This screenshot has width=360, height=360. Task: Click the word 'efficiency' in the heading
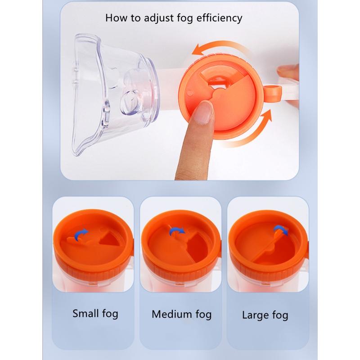(x=219, y=18)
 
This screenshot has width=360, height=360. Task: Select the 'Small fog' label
(x=95, y=314)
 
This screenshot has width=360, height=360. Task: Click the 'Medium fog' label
(x=181, y=314)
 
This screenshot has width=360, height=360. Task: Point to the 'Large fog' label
(x=265, y=315)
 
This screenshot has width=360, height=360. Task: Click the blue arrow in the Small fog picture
(x=81, y=234)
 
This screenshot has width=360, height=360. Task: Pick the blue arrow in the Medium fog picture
(x=176, y=231)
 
